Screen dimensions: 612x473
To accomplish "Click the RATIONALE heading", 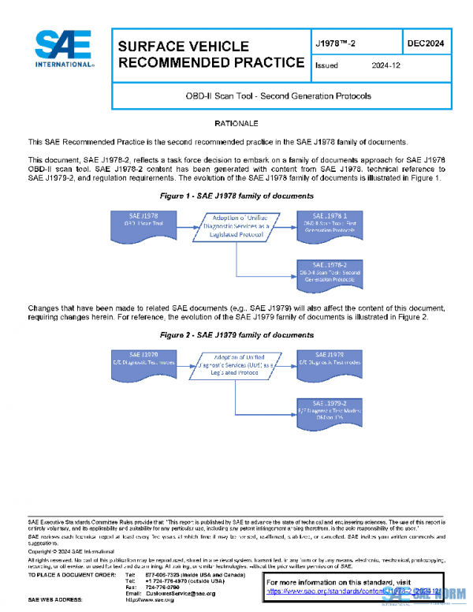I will click(x=236, y=124).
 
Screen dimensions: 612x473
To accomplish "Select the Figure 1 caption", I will click(x=236, y=195).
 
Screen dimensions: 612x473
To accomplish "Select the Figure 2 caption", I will click(x=236, y=335).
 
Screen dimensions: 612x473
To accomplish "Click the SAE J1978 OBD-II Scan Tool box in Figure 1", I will click(x=140, y=222).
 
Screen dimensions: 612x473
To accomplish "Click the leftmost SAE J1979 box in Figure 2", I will click(x=140, y=362).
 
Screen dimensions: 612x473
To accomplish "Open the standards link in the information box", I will click(x=351, y=590).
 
